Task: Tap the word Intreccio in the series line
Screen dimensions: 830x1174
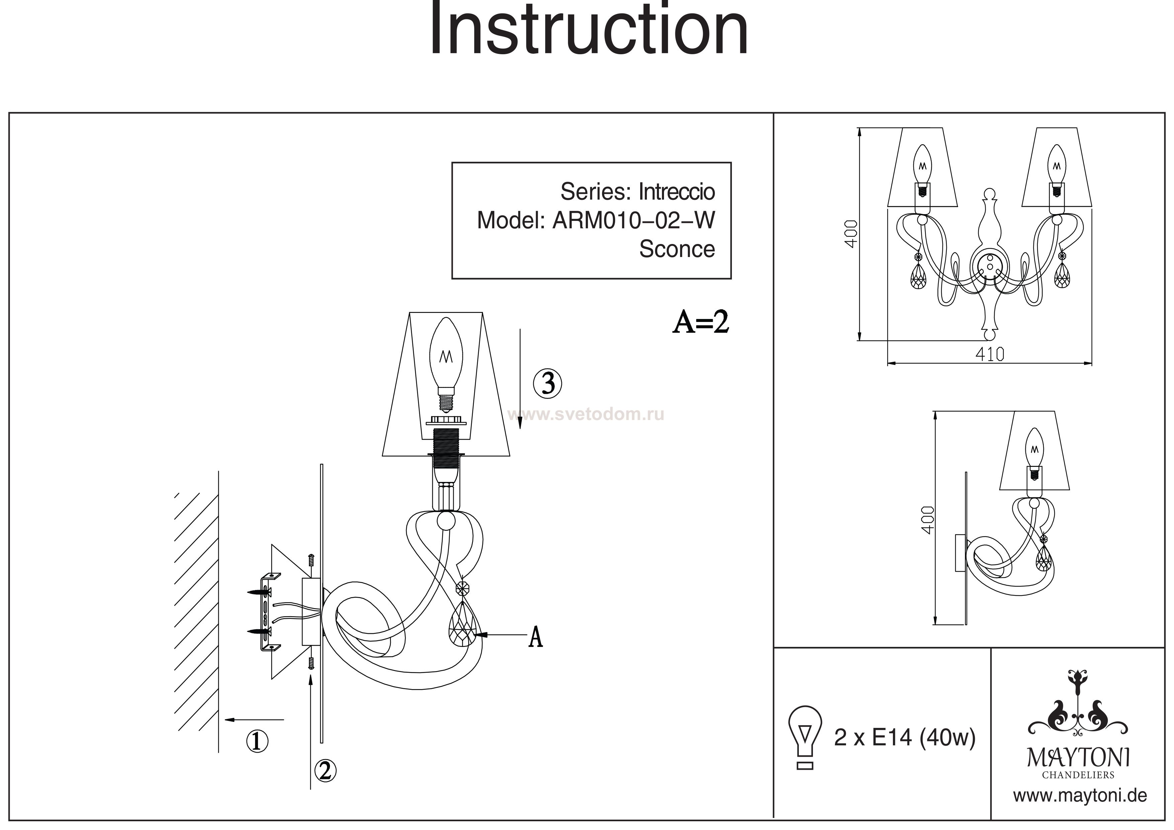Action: click(676, 192)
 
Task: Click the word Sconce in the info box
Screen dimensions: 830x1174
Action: click(676, 249)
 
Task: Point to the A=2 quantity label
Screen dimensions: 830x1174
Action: click(700, 322)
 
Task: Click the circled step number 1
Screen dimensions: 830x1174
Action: click(257, 741)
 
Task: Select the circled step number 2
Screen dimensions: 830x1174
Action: click(325, 771)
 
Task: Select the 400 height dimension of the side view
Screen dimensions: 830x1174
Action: click(927, 520)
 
